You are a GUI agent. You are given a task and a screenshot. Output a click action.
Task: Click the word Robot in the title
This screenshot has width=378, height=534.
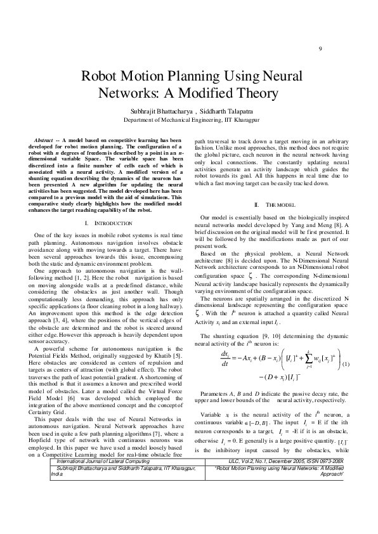coord(101,77)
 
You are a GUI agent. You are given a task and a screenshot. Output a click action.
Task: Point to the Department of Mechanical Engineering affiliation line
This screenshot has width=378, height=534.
coord(191,119)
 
